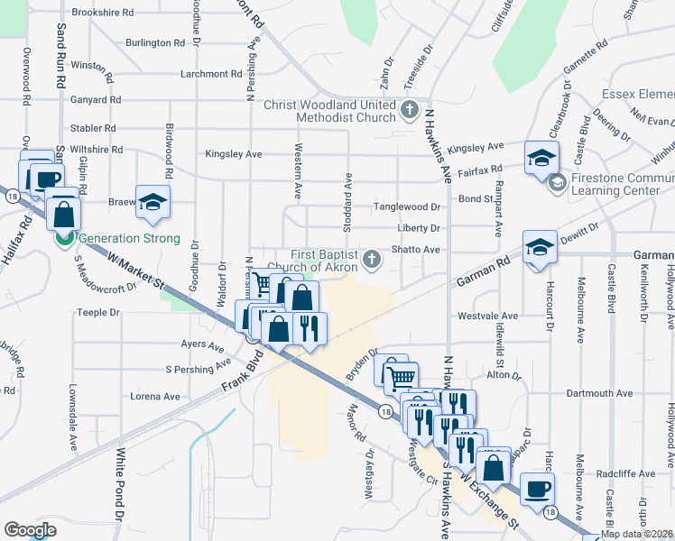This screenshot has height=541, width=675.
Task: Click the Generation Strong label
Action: pyautogui.click(x=129, y=239)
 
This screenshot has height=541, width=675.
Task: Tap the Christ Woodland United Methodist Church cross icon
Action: pyautogui.click(x=410, y=111)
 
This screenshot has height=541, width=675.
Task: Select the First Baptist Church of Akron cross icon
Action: pyautogui.click(x=372, y=261)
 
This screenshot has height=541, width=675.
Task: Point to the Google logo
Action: pyautogui.click(x=30, y=530)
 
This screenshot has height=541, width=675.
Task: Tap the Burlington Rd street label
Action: pyautogui.click(x=155, y=42)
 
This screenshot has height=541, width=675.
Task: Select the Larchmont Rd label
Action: pyautogui.click(x=209, y=73)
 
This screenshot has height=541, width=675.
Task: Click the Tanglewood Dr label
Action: pyautogui.click(x=408, y=206)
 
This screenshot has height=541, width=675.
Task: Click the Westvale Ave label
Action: pyautogui.click(x=487, y=316)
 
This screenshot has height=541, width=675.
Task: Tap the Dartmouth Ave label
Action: pyautogui.click(x=600, y=394)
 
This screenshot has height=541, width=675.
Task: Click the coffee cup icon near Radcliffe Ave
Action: pyautogui.click(x=537, y=487)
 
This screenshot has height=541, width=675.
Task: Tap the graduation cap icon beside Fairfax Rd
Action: pyautogui.click(x=541, y=157)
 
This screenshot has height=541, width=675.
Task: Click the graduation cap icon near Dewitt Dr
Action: pyautogui.click(x=539, y=246)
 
